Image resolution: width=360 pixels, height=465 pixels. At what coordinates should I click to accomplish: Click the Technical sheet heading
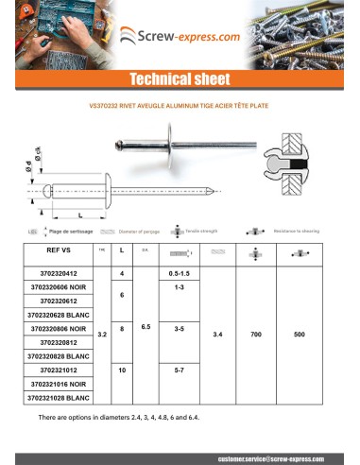(180, 77)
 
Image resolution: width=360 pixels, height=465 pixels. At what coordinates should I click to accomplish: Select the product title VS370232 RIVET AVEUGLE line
(180, 106)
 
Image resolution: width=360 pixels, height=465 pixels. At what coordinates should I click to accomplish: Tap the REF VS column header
(59, 252)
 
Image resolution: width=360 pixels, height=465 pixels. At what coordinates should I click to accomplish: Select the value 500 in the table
(300, 335)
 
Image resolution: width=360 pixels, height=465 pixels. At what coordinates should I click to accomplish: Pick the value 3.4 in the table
(218, 335)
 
